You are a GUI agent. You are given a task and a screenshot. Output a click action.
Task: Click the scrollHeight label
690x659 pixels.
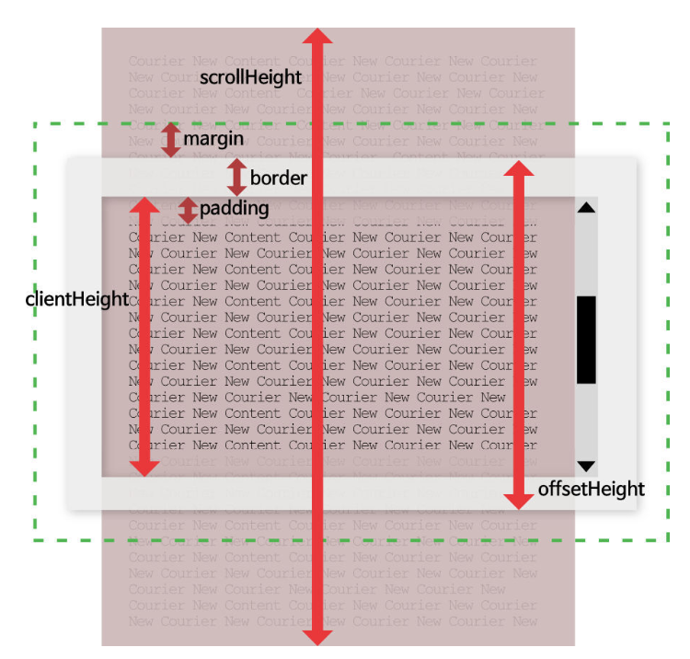point(250,78)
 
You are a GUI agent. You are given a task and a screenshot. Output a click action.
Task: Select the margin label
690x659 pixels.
point(213,139)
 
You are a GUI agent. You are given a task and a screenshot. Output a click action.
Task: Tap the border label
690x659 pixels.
point(278,178)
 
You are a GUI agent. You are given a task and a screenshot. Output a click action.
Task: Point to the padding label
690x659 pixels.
point(234,209)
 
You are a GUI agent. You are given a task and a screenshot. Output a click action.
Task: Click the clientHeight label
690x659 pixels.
point(76,300)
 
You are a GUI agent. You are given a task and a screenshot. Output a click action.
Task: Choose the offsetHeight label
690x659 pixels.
point(591,489)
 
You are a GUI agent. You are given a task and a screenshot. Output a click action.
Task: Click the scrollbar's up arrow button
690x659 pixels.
point(586,208)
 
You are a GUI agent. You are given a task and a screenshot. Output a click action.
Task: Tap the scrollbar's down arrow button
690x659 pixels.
point(586,466)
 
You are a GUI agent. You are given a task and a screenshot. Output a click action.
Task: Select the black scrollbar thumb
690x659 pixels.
point(586,339)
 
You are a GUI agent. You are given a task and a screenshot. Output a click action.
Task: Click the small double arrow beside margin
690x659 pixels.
point(170,140)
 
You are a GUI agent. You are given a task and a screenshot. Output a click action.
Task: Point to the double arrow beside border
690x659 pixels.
point(237,177)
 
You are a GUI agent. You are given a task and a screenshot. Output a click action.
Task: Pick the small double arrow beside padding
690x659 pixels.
point(188,210)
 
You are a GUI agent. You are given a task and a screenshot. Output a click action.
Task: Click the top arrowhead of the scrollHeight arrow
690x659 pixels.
point(317,37)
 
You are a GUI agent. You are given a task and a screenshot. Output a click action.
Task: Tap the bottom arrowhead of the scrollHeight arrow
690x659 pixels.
point(317,635)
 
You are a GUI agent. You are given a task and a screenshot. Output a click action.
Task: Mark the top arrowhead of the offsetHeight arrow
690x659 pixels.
point(519,169)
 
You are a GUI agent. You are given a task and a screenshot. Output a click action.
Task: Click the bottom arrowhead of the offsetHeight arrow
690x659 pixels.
point(519,500)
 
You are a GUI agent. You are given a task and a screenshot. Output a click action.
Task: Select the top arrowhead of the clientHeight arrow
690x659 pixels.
point(143,205)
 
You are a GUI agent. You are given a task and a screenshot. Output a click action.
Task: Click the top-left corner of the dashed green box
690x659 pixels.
point(35,123)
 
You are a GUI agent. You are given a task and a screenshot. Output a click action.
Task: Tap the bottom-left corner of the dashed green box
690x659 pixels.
point(35,540)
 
